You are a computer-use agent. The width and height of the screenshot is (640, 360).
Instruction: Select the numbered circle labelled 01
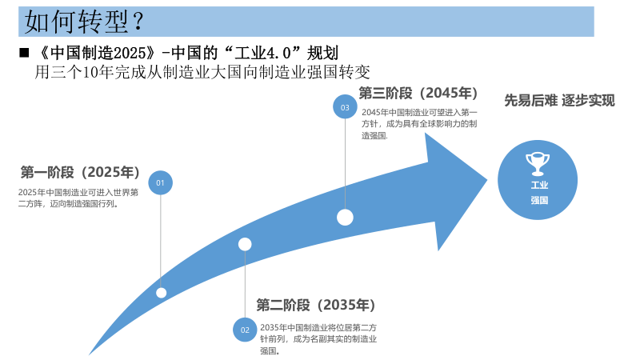pos(160,183)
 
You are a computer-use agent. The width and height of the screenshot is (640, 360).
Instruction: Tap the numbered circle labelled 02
pos(245,330)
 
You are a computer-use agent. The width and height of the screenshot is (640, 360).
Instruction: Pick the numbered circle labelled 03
pos(345,106)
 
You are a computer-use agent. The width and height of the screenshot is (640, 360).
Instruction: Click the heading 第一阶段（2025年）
pos(81,173)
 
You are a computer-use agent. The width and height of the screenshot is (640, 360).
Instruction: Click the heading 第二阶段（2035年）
pos(315,305)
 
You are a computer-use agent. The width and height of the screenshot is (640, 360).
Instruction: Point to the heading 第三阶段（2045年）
pos(419,93)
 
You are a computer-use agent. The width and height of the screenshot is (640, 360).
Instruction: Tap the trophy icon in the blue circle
pos(538,162)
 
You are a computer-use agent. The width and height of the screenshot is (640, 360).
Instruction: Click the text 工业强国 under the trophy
pos(538,192)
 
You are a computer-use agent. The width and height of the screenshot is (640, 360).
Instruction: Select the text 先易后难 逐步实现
pos(559,101)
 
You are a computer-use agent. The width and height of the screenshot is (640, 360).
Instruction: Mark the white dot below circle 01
pos(161,293)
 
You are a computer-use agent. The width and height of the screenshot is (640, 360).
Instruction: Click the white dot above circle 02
pos(245,244)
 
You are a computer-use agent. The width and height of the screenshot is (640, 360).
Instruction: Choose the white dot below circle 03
pos(345,217)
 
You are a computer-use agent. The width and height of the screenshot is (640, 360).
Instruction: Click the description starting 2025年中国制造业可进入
pos(78,198)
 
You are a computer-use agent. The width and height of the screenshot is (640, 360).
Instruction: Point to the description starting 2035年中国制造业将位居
pos(318,339)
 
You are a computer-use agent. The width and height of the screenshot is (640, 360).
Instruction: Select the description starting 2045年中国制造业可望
pos(419,124)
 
